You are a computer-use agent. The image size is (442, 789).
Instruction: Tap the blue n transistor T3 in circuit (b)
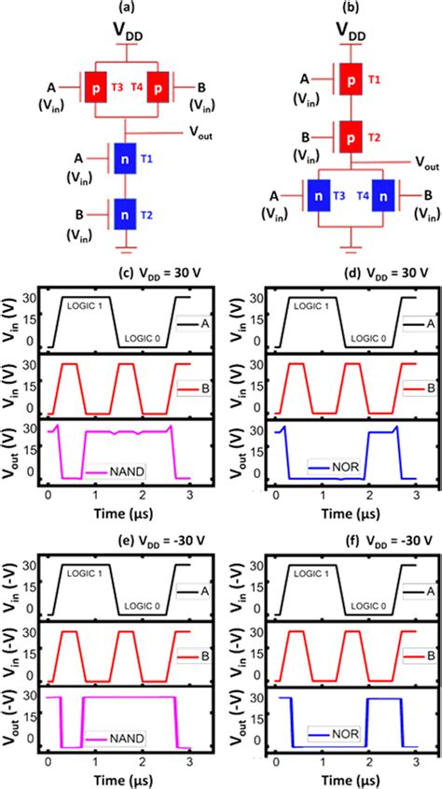[318, 198]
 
